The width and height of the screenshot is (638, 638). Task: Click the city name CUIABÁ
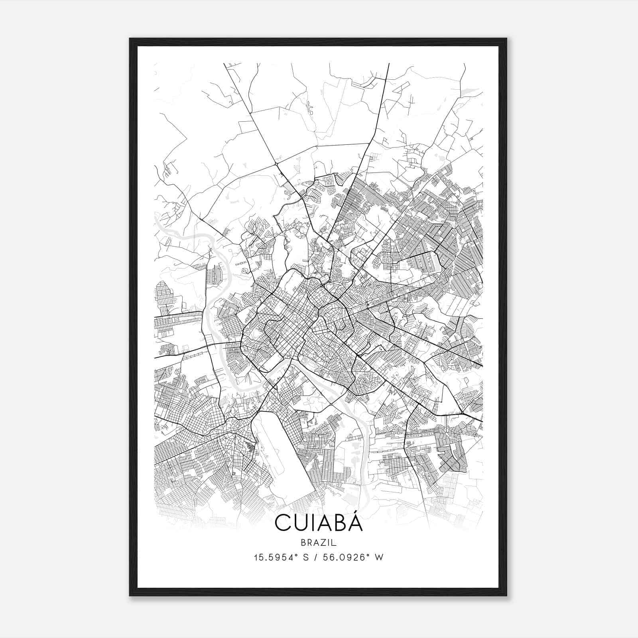pos(319,523)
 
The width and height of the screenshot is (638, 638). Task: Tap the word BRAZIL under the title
pos(319,543)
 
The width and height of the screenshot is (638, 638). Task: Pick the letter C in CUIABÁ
pos(282,524)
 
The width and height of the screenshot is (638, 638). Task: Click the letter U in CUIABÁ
pos(300,524)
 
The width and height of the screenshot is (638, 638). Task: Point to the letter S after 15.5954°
pos(306,557)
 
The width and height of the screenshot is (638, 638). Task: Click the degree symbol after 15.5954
pos(297,555)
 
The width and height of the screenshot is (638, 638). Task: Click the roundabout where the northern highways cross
pos(276,163)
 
